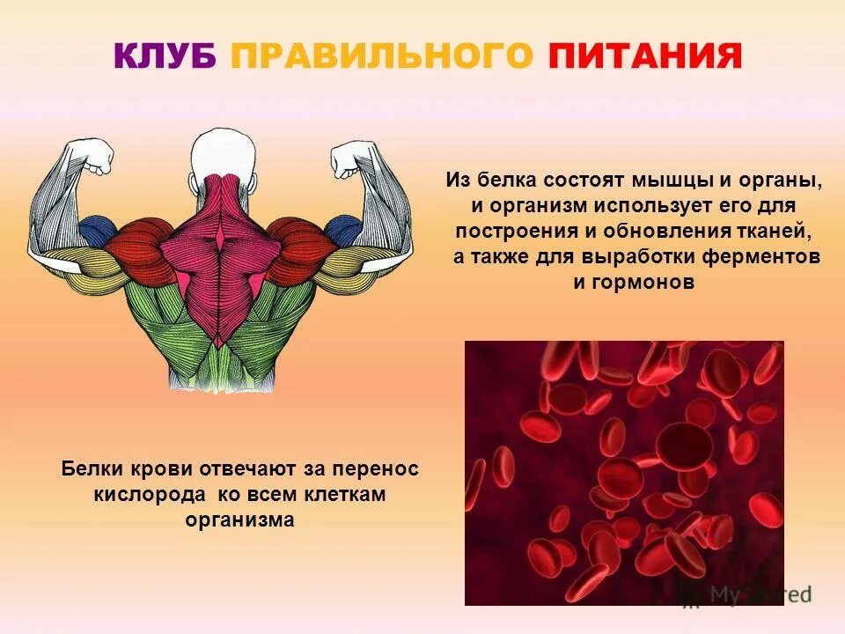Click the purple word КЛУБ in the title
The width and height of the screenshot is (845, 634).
click(x=165, y=56)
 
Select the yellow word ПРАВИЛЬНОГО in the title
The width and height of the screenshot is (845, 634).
click(x=382, y=56)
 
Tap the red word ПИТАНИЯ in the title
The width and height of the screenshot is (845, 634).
click(x=644, y=56)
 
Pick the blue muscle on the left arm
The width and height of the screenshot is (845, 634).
click(x=96, y=232)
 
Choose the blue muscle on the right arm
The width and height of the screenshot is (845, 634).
click(x=342, y=231)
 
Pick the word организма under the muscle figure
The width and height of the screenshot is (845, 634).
click(x=239, y=520)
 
